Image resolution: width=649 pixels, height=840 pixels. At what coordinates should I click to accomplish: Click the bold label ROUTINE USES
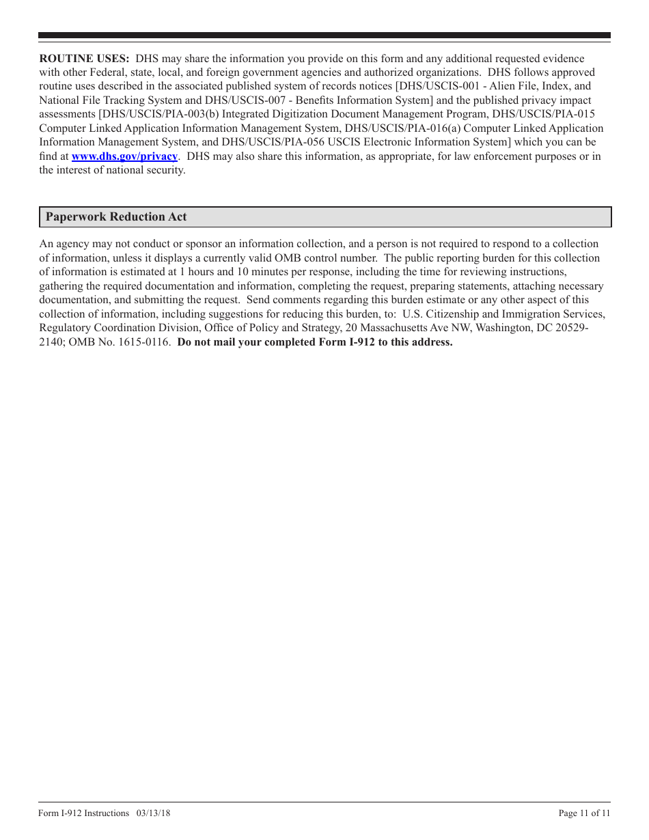coord(84,59)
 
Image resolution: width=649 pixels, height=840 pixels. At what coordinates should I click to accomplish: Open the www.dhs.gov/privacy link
coord(124,156)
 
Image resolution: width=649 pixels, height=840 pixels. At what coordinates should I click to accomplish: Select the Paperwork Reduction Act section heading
coord(116,217)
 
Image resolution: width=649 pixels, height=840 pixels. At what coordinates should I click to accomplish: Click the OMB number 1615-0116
coord(148,342)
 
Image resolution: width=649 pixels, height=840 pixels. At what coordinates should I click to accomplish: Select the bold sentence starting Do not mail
coord(315,342)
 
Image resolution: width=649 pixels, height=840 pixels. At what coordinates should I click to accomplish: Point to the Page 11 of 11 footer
coord(584,813)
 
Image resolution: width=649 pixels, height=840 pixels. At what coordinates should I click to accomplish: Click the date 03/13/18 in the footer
coord(153,813)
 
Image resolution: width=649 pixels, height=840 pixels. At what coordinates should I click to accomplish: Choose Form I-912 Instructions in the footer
coord(84,813)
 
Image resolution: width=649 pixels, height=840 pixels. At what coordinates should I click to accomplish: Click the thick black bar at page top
coord(324,35)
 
